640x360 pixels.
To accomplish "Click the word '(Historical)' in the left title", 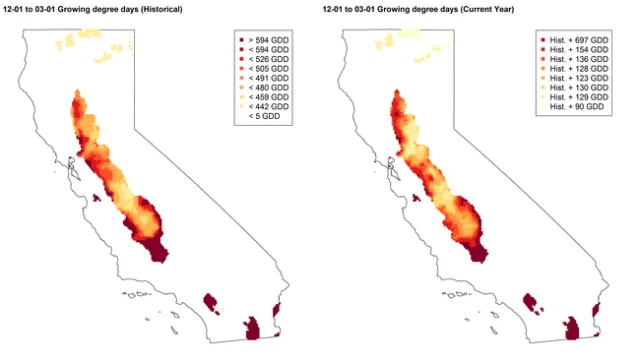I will click(171, 8).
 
